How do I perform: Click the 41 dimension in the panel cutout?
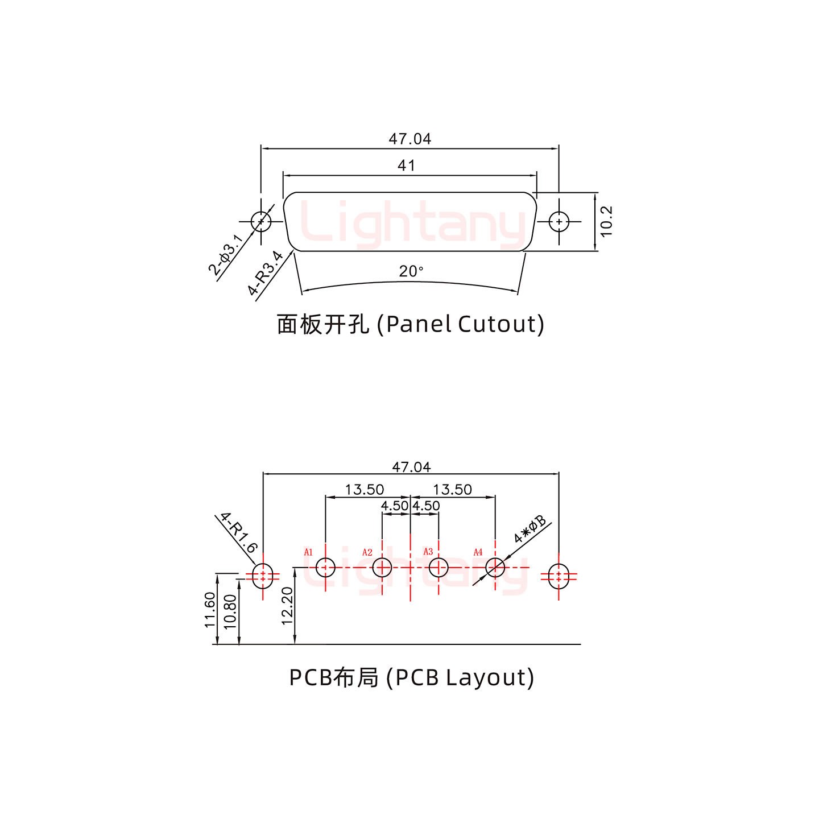(406, 166)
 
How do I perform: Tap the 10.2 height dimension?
(606, 221)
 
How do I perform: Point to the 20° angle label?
(411, 272)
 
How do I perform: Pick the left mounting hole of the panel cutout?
(260, 221)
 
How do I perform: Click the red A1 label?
(308, 552)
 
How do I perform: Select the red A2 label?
(367, 552)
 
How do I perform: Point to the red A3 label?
(428, 552)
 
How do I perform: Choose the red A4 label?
(478, 552)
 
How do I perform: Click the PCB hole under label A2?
(382, 567)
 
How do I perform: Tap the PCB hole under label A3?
(439, 567)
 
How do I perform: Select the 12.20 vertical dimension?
(287, 606)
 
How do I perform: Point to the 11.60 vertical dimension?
(210, 610)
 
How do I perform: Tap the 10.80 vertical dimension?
(230, 611)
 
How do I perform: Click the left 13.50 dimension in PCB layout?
(364, 489)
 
